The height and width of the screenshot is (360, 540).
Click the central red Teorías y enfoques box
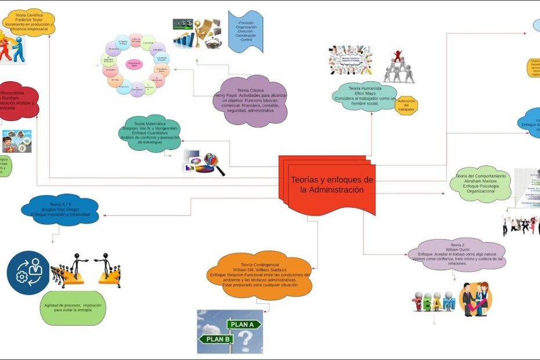tap(329, 184)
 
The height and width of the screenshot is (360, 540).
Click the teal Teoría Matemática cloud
tap(150, 132)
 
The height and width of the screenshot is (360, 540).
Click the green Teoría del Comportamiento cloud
tap(481, 183)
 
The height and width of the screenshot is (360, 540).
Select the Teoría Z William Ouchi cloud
tap(456, 254)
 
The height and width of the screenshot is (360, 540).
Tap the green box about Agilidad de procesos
tap(73, 307)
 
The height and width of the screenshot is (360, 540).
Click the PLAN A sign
tap(243, 324)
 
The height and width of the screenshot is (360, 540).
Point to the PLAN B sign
tap(216, 339)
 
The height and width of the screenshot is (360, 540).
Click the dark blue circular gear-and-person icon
tap(28, 273)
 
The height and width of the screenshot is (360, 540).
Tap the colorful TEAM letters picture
tap(433, 304)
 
